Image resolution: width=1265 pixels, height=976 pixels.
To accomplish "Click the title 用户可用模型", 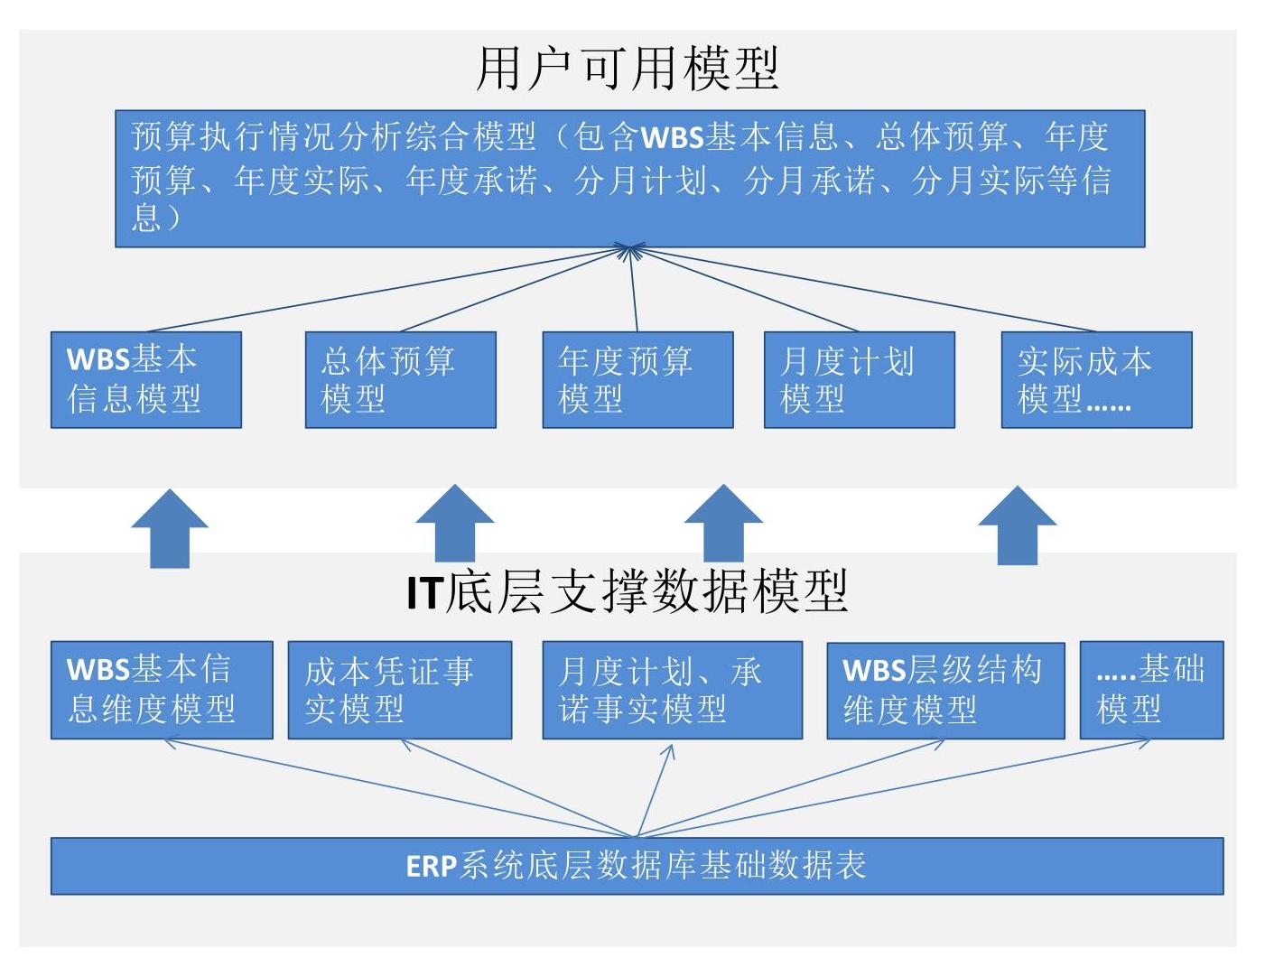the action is pyautogui.click(x=628, y=70).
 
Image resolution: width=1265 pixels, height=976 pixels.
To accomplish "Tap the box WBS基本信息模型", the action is pyautogui.click(x=146, y=380).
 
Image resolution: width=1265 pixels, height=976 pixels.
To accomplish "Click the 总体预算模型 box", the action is pyautogui.click(x=401, y=380).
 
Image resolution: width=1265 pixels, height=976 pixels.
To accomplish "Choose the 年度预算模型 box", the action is pyautogui.click(x=638, y=380).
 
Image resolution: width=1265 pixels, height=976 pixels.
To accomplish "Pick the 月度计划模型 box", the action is pyautogui.click(x=860, y=380).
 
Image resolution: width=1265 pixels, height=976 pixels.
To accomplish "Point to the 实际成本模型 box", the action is pyautogui.click(x=1097, y=380).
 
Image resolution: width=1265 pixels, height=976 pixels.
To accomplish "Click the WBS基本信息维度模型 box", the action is pyautogui.click(x=162, y=690).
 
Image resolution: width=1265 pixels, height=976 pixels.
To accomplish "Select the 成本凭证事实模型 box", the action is pyautogui.click(x=400, y=690).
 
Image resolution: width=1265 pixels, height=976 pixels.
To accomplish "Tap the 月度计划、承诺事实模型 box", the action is pyautogui.click(x=673, y=690).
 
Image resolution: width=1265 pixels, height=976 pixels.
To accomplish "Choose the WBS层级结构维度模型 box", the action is pyautogui.click(x=946, y=691).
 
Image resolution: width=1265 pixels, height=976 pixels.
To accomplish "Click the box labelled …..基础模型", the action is pyautogui.click(x=1152, y=690).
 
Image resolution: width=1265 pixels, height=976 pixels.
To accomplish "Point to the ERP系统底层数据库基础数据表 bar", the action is pyautogui.click(x=637, y=866).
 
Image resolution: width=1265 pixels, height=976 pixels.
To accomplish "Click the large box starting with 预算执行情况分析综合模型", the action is pyautogui.click(x=630, y=179).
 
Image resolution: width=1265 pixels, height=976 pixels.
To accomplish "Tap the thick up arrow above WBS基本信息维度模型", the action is pyautogui.click(x=170, y=528).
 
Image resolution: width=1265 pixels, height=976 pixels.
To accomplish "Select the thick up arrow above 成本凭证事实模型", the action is pyautogui.click(x=455, y=524).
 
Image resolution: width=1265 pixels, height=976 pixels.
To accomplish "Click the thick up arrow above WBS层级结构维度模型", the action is pyautogui.click(x=1017, y=525).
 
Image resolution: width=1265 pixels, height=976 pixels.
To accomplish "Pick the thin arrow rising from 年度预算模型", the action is pyautogui.click(x=633, y=288).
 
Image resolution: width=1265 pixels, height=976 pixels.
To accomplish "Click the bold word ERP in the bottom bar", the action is pyautogui.click(x=432, y=867).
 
